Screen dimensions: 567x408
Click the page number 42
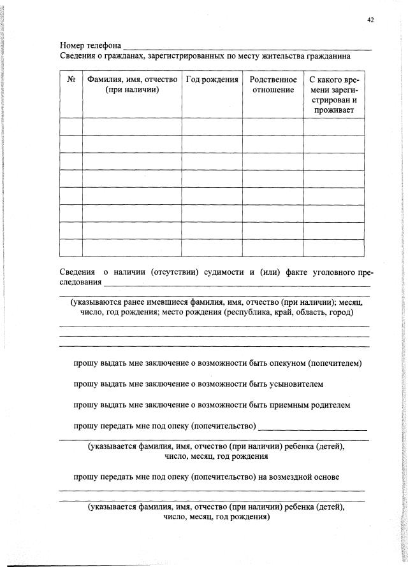pos(370,20)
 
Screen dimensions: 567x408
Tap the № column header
pos(71,80)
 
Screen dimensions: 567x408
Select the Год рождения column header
pos(212,80)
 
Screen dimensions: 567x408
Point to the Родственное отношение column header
pos(273,85)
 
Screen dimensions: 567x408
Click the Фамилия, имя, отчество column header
pos(132,85)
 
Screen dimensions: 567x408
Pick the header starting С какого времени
pos(333,95)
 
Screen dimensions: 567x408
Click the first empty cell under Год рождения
pos(212,126)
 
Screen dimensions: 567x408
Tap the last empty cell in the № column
pos(71,247)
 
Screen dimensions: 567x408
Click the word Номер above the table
pos(72,46)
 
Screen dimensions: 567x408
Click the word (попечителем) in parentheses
pos(335,364)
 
